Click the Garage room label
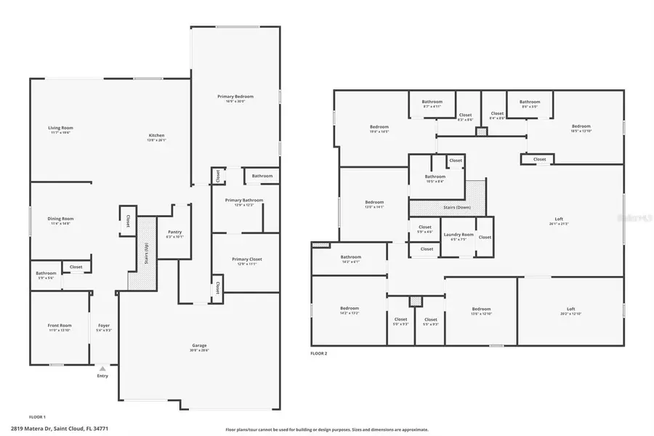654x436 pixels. [x=199, y=345]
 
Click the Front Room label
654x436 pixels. [x=60, y=326]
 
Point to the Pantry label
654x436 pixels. [x=174, y=232]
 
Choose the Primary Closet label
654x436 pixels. [x=247, y=259]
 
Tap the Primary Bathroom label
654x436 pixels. [x=243, y=200]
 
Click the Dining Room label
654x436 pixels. [x=61, y=219]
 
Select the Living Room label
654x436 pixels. [x=61, y=128]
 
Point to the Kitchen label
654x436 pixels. [x=156, y=136]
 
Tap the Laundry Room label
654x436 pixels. [x=458, y=235]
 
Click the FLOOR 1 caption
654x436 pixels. [x=37, y=416]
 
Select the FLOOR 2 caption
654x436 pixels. [x=319, y=353]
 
